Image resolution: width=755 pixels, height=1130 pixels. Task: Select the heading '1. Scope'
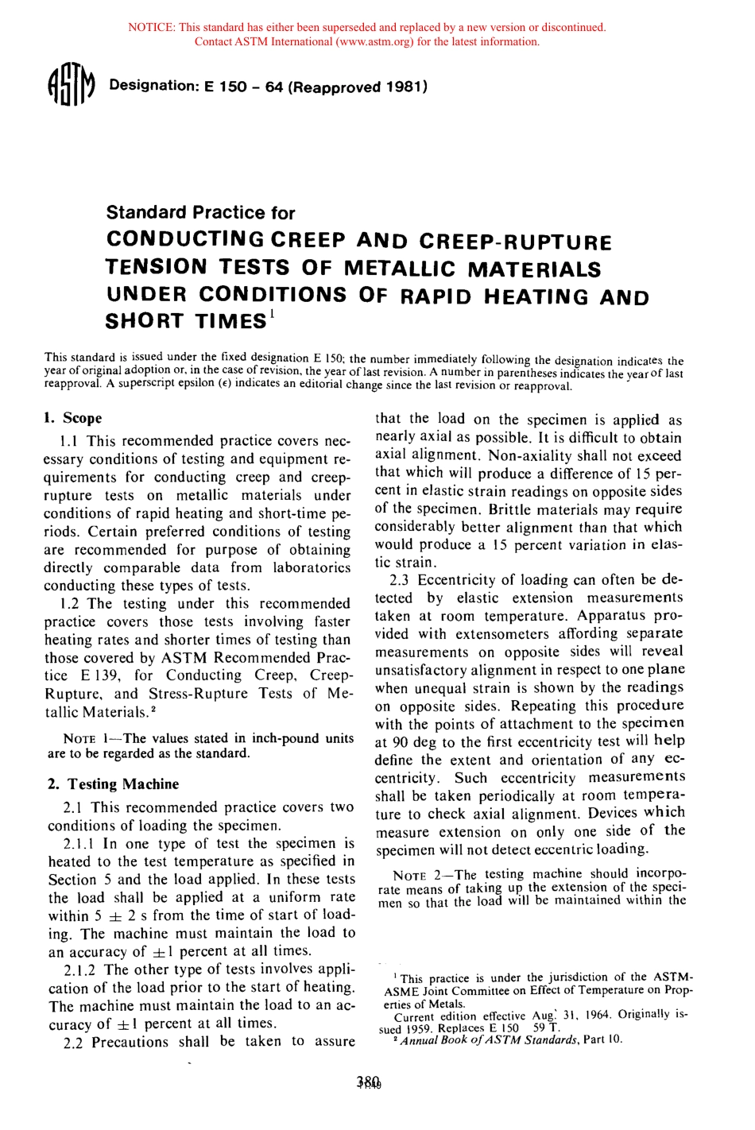(x=73, y=418)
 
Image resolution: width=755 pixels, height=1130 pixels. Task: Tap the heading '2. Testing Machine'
(x=113, y=784)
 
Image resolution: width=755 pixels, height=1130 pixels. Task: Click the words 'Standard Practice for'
(x=200, y=212)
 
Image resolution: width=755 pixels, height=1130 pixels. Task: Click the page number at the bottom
(x=370, y=1082)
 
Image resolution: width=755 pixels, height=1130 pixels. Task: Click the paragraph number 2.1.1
(x=80, y=844)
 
